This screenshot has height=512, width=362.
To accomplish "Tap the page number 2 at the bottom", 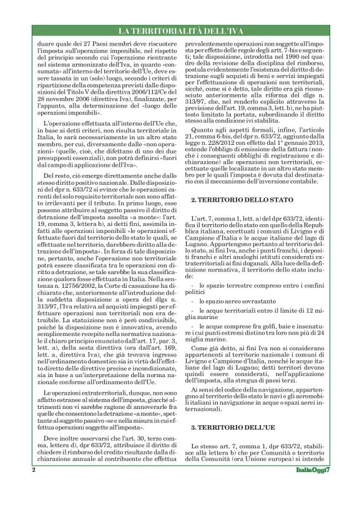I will coord(32,488).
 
